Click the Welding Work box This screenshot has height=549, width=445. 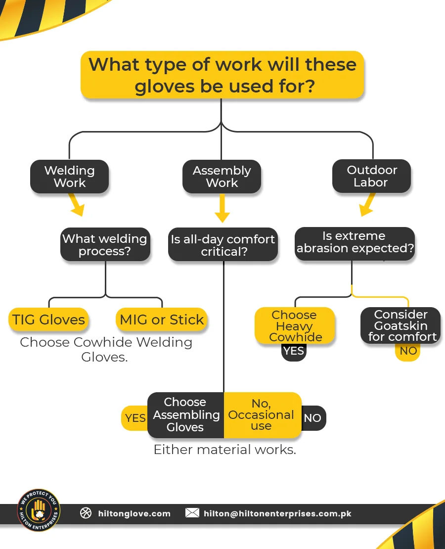(69, 177)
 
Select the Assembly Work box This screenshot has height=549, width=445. (222, 177)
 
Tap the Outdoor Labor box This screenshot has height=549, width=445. (372, 176)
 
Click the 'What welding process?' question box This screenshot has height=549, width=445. (105, 244)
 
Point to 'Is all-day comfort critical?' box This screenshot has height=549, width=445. (222, 245)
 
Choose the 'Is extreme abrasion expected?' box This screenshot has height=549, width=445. (355, 242)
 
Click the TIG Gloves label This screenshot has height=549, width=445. (48, 320)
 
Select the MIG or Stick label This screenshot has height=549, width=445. (162, 320)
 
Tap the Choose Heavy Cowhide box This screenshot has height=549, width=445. (295, 326)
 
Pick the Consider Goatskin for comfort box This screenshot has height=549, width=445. (400, 325)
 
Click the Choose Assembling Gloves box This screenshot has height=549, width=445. (186, 415)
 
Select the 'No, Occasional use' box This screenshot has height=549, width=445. (262, 415)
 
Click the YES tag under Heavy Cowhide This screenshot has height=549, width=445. (294, 352)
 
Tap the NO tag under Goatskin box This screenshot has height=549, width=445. (408, 351)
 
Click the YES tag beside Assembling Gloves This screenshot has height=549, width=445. (135, 418)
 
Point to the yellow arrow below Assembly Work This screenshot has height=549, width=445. (222, 209)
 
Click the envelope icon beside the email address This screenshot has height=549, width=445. (192, 513)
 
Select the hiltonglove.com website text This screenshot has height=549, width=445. (134, 513)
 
